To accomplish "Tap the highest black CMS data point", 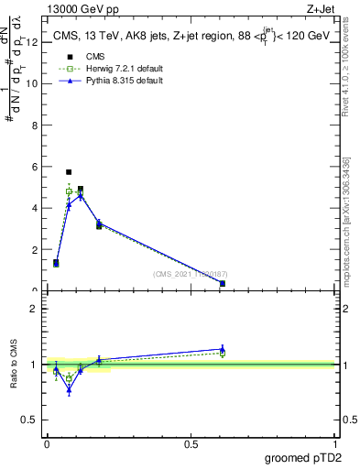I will click(x=69, y=172).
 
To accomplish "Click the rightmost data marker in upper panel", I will click(x=223, y=283).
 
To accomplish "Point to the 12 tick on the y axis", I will click(x=37, y=41).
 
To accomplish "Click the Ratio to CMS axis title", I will click(x=15, y=365).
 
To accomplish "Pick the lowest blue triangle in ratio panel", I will click(x=69, y=390).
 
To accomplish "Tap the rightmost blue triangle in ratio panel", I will click(x=223, y=349).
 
